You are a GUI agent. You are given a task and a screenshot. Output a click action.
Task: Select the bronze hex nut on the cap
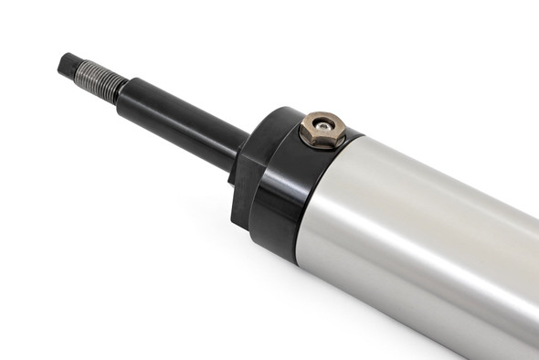322,129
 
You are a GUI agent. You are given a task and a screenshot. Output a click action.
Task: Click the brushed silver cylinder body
429,247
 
